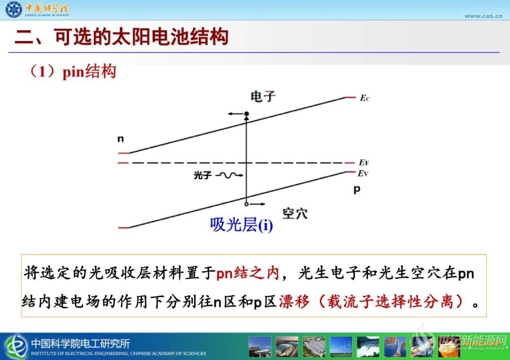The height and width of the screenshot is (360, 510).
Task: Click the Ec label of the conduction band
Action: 365,98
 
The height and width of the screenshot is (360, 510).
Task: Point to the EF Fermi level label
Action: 364,162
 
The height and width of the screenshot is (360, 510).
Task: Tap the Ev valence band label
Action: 363,174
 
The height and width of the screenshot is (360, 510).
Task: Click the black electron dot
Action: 246,114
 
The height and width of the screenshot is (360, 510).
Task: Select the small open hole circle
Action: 246,204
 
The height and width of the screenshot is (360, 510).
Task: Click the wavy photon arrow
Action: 229,176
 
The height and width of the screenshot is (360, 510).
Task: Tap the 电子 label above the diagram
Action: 263,97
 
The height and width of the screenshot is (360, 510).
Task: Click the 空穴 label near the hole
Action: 295,213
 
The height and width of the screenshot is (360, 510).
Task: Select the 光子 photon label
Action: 202,176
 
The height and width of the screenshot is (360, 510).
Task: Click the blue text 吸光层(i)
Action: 241,225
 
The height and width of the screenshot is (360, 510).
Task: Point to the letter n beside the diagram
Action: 121,139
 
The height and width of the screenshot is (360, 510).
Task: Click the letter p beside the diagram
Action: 357,189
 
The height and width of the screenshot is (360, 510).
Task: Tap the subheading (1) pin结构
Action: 73,71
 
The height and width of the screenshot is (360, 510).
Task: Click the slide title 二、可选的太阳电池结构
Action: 121,36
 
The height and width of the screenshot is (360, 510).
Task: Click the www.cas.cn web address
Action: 484,16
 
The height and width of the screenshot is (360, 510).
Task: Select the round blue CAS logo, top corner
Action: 14,9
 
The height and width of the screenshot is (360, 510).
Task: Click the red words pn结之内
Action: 248,273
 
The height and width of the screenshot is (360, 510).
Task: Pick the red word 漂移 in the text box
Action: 294,302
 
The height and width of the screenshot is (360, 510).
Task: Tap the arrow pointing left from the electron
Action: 236,114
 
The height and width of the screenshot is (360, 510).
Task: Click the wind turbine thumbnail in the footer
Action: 340,347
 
